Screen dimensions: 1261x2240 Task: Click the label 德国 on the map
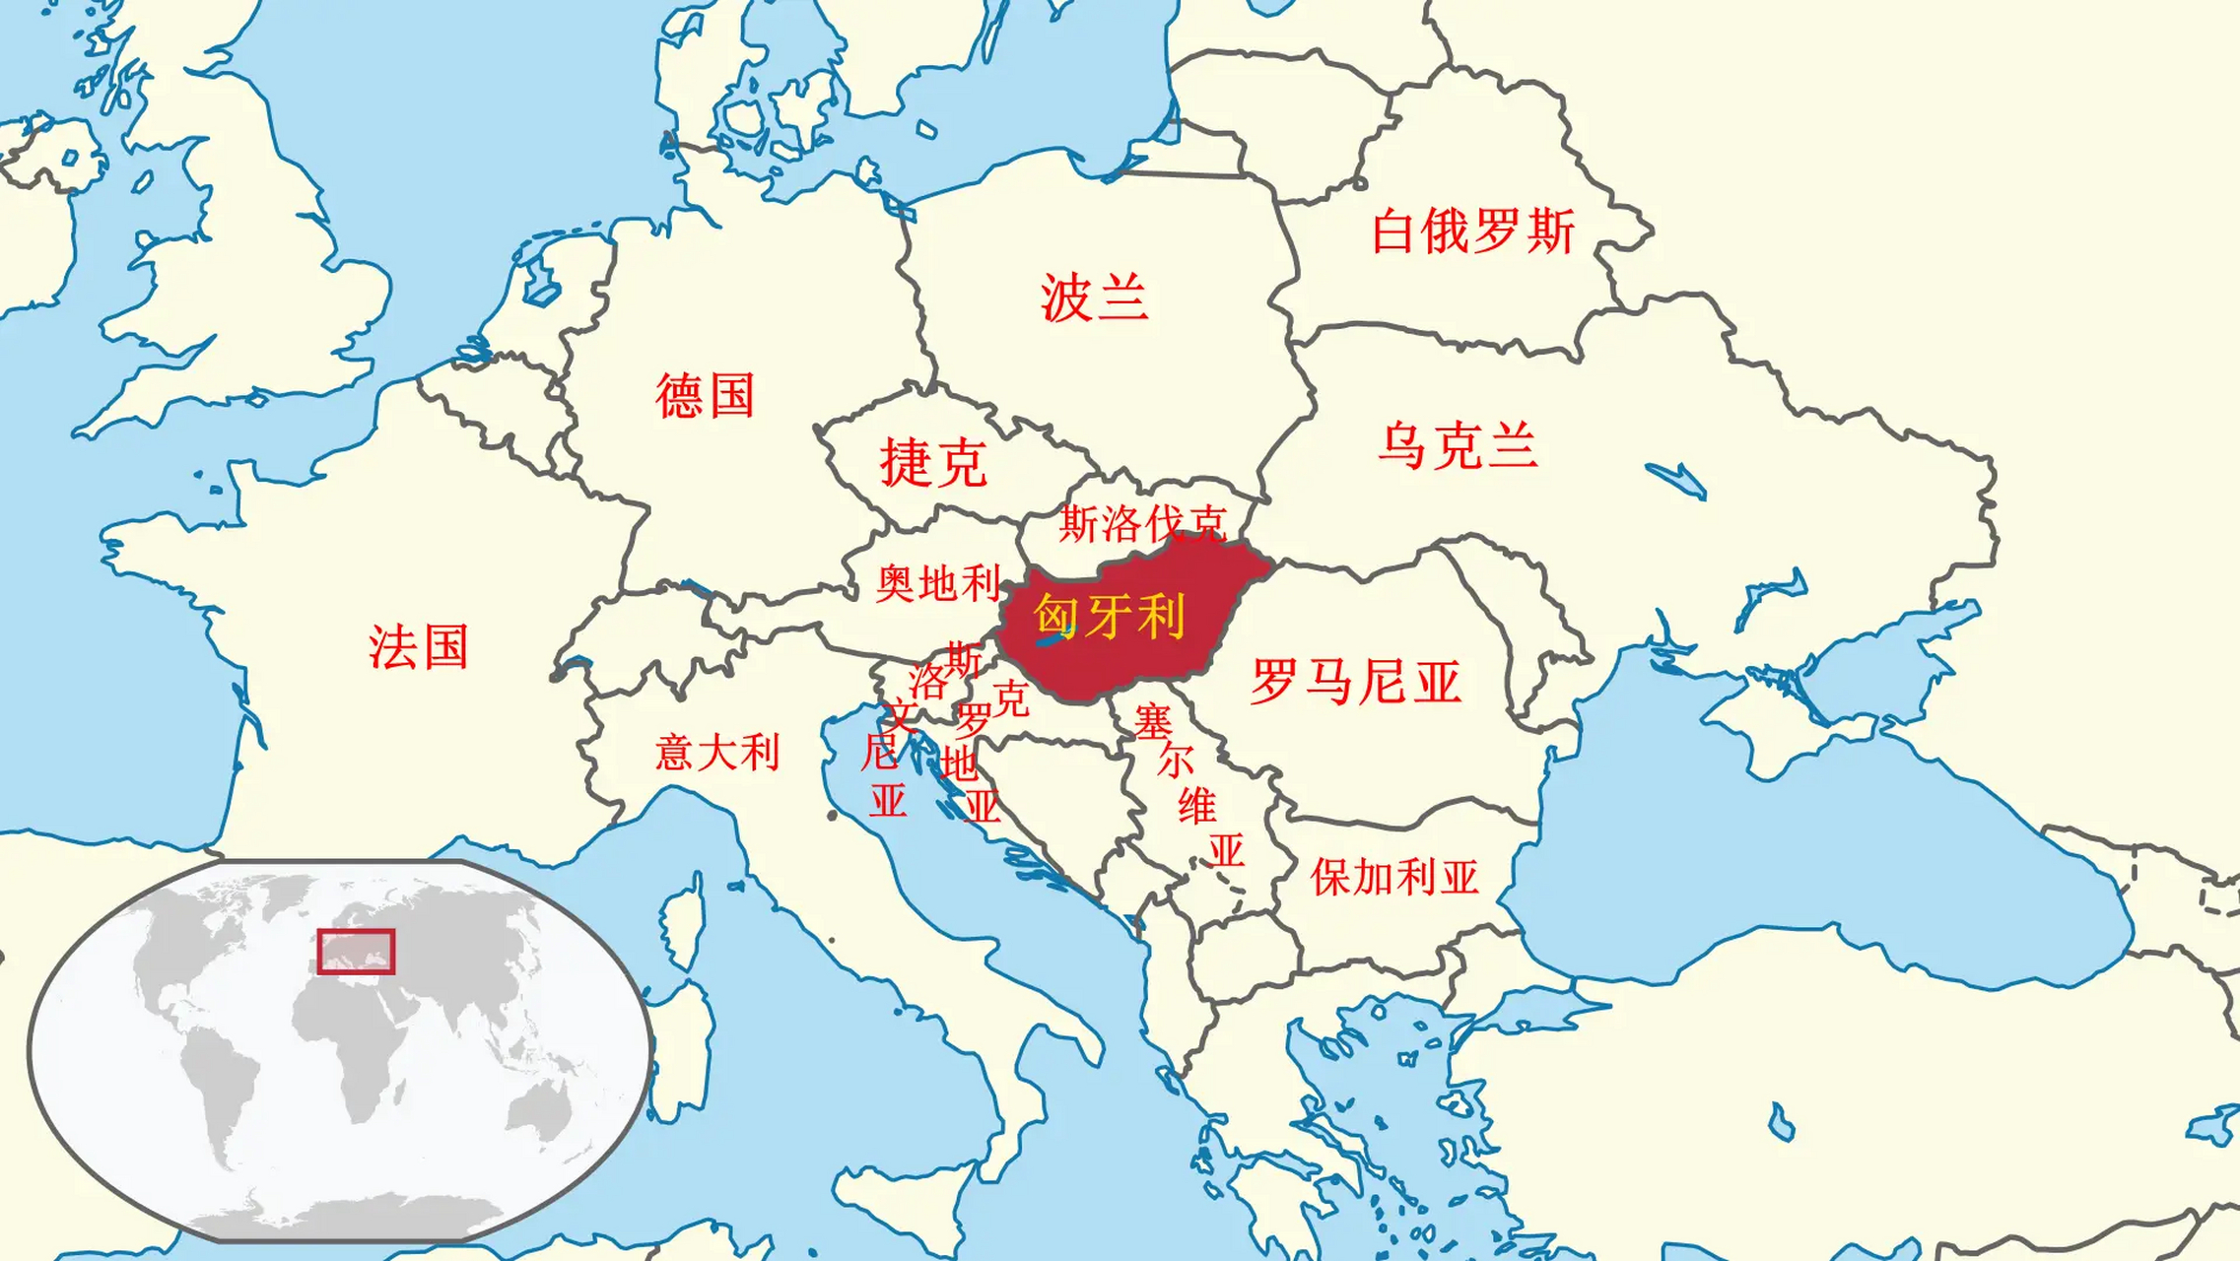point(705,396)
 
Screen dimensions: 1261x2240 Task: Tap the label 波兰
point(1094,298)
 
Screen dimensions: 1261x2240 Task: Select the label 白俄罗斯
point(1473,232)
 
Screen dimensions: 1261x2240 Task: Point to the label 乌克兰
point(1458,445)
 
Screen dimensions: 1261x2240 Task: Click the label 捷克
point(932,463)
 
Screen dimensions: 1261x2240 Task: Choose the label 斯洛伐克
point(1143,524)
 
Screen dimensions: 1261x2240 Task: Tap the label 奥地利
point(938,583)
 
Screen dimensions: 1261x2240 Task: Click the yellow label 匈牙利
point(1109,617)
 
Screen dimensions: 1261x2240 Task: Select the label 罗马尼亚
point(1355,682)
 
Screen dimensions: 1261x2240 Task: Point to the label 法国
point(419,647)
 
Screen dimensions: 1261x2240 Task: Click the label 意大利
point(717,753)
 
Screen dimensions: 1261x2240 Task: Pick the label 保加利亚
point(1394,877)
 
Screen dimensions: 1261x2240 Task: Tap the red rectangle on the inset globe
point(356,952)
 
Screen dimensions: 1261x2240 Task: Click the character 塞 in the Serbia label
point(1152,722)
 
